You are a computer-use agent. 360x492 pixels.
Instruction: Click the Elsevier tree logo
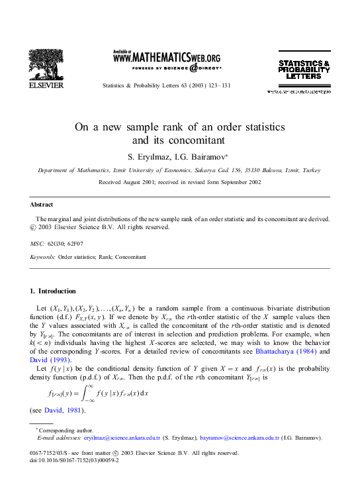[x=46, y=66]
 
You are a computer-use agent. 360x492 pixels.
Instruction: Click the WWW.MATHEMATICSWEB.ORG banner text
[x=167, y=58]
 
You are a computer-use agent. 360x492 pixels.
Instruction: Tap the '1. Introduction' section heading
[x=54, y=291]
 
